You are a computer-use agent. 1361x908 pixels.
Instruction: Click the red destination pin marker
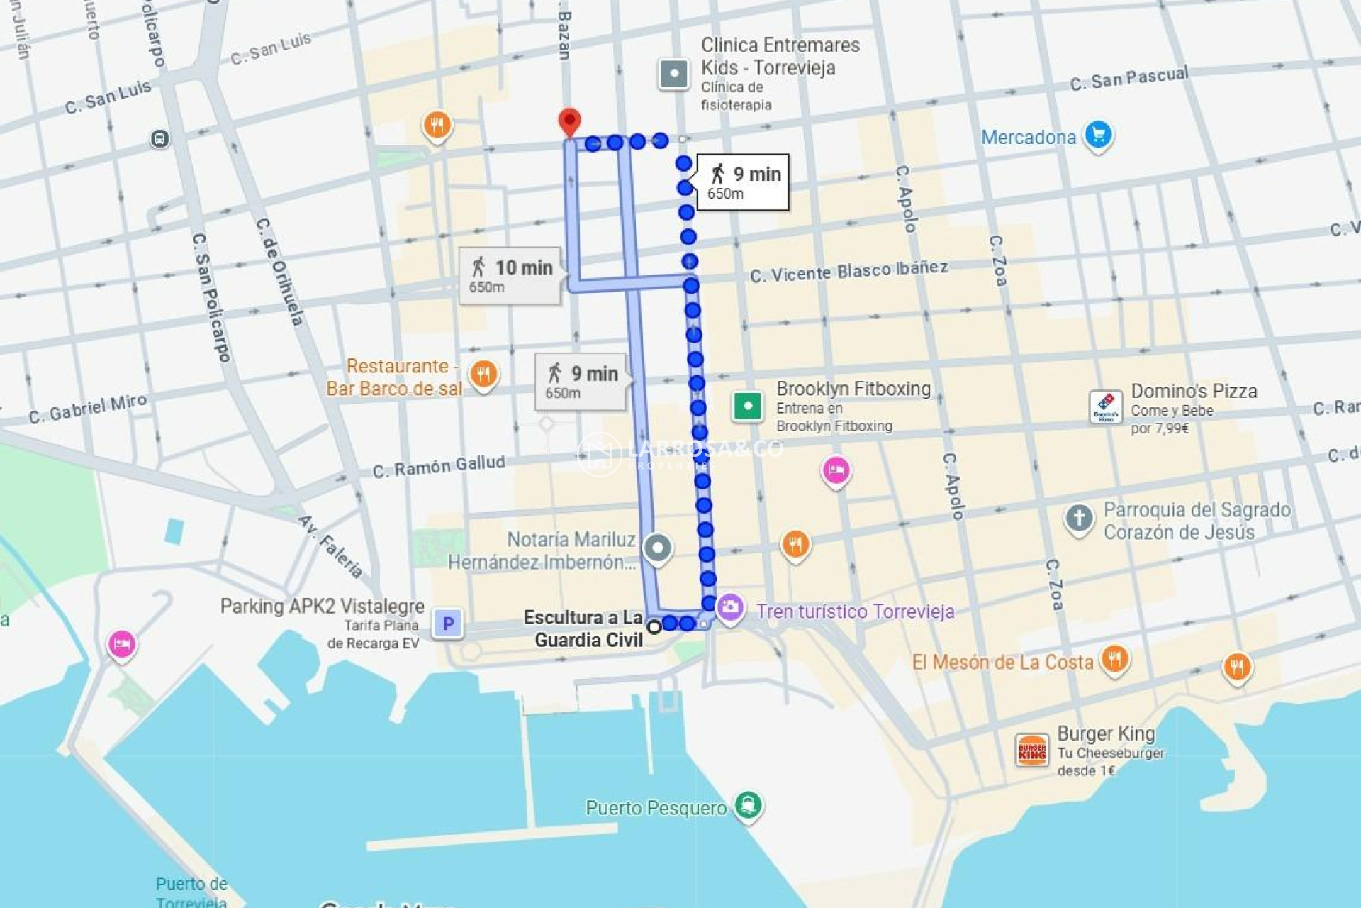point(569,121)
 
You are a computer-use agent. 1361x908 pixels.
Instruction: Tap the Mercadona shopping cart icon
point(1098,135)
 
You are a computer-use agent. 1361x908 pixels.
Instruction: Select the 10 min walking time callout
point(510,275)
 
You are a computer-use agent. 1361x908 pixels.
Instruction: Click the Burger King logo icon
point(1031,751)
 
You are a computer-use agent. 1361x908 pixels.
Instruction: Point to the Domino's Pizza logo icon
point(1105,407)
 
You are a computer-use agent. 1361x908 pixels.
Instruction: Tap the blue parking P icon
point(447,624)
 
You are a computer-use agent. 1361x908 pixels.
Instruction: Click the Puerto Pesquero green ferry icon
point(748,805)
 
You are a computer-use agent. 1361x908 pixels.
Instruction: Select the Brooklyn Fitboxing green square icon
point(747,406)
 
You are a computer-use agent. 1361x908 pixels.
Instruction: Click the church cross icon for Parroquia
point(1079,518)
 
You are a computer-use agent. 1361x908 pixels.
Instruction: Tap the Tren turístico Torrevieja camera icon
point(729,607)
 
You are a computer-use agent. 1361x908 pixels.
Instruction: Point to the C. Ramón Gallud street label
point(439,467)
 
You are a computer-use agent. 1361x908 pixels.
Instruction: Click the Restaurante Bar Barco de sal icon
point(483,374)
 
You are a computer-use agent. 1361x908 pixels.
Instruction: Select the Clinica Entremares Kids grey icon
point(673,73)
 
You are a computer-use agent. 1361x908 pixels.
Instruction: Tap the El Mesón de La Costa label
point(1002,663)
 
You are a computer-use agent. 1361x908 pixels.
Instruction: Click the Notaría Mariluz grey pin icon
point(658,548)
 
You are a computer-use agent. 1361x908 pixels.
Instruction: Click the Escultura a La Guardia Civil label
point(584,629)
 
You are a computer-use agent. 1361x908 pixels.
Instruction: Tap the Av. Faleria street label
point(331,546)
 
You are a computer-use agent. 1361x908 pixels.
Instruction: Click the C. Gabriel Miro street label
point(88,409)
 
